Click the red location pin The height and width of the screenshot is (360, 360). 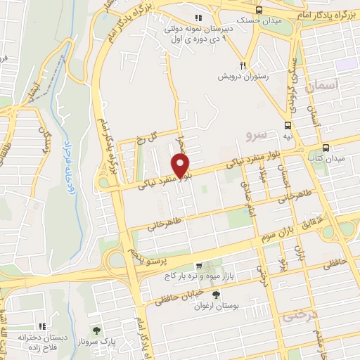182,166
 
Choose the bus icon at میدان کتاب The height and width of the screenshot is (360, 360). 326,148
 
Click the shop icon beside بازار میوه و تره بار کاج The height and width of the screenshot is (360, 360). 200,266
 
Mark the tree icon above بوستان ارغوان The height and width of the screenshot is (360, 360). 214,295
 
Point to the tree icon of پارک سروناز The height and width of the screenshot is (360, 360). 97,330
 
